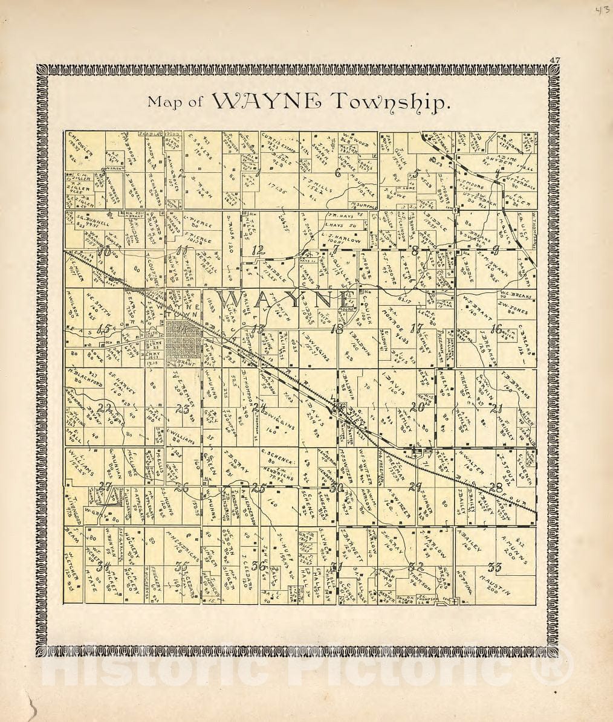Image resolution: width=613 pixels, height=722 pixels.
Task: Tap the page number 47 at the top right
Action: coord(554,59)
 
